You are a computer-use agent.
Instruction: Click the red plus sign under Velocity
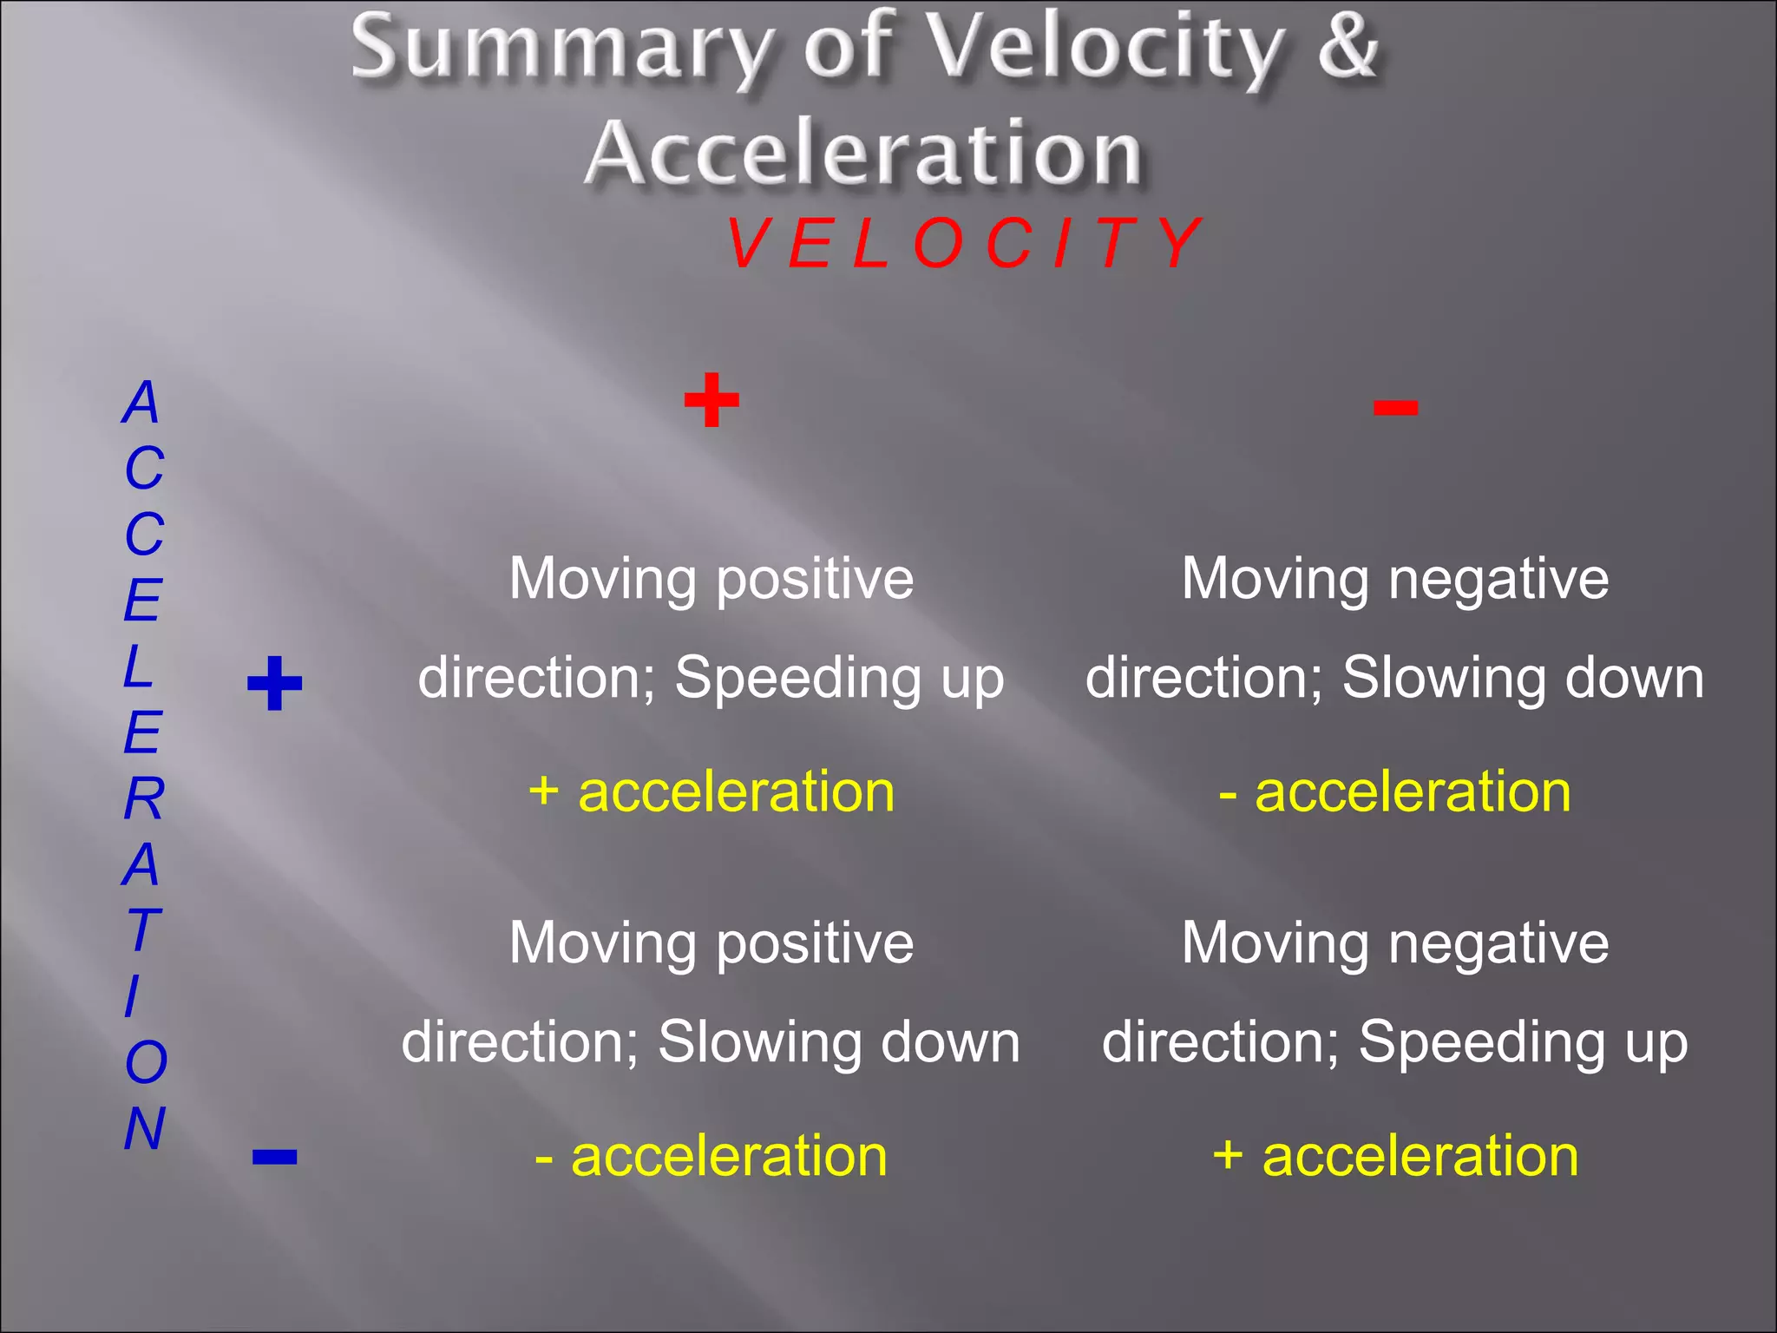[711, 400]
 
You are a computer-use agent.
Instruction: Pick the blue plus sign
[274, 684]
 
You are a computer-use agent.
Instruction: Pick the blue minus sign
[274, 1156]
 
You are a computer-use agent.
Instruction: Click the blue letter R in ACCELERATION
[143, 798]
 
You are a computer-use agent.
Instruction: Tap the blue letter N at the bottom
[144, 1128]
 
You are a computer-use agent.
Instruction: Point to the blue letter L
[139, 666]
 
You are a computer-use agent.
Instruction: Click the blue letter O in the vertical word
[145, 1062]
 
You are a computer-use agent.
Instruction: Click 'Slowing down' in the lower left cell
[838, 1042]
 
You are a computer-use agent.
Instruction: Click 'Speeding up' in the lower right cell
[1523, 1042]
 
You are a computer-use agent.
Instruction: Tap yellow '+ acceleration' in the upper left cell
[711, 791]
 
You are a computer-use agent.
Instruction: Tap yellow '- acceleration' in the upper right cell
[1394, 791]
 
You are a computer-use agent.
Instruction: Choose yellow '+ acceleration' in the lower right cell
[1394, 1156]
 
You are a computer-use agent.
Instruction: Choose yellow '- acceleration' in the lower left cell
[711, 1156]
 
